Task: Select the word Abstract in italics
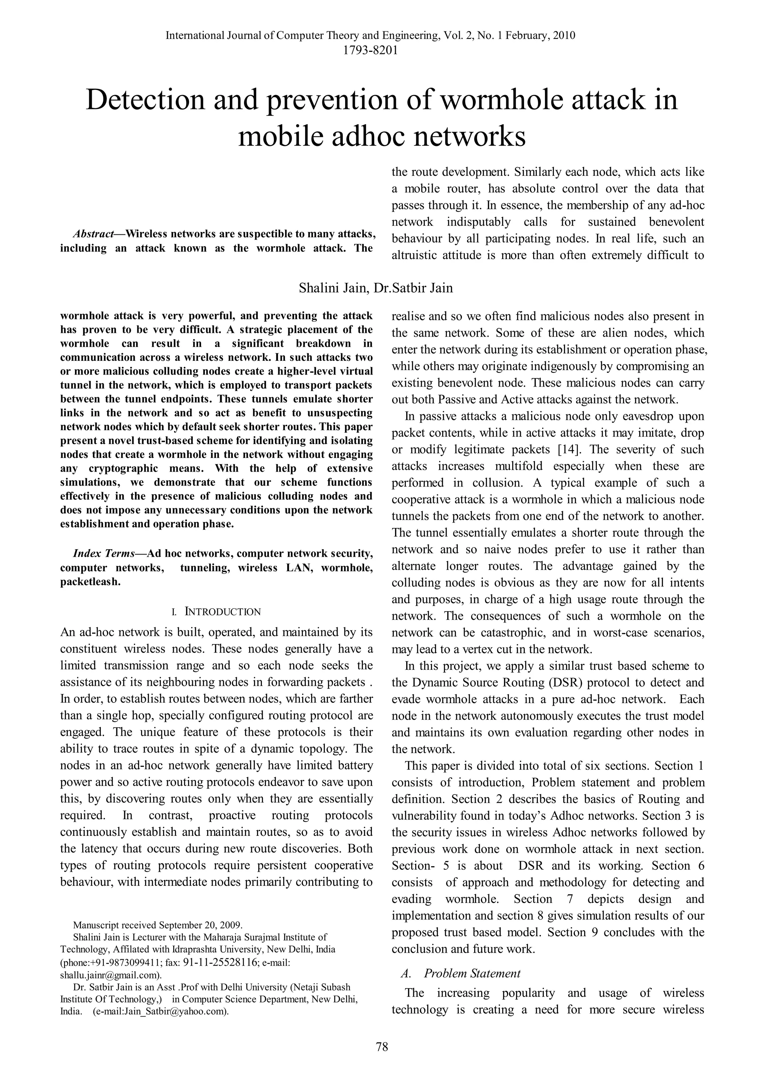94,234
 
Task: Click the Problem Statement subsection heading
472,973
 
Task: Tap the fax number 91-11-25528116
221,962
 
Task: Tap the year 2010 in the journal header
564,36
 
